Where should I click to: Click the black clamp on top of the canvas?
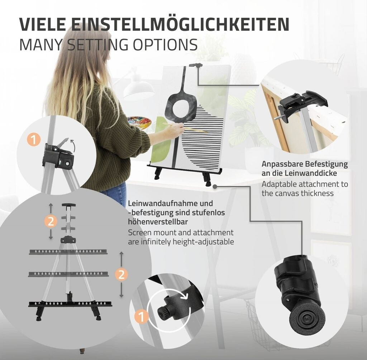click(x=196, y=65)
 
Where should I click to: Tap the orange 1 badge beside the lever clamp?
click(x=34, y=139)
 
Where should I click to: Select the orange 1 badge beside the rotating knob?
click(x=141, y=317)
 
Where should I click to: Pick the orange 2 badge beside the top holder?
click(x=51, y=221)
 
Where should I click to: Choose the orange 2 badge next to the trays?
click(x=121, y=274)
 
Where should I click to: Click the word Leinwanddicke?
click(x=311, y=173)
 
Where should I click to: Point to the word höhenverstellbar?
click(x=158, y=221)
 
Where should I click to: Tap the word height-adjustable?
click(x=203, y=242)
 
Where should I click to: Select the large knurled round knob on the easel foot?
click(x=307, y=318)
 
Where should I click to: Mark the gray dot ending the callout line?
click(x=215, y=186)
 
